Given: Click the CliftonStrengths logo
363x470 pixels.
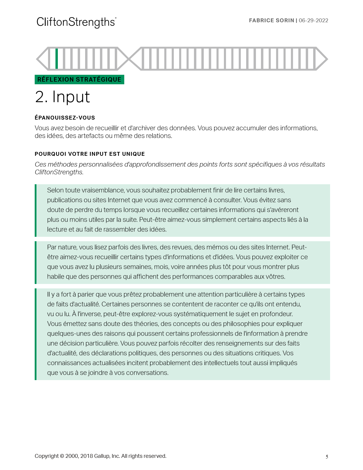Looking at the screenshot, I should [76, 22].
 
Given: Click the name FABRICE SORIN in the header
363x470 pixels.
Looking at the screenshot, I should [271, 20].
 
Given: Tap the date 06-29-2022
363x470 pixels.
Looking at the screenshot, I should [313, 20].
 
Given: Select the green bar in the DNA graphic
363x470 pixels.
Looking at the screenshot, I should [57, 58].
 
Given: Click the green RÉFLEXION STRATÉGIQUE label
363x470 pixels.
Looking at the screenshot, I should [79, 80].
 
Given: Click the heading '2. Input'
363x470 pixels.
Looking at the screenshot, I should [62, 97].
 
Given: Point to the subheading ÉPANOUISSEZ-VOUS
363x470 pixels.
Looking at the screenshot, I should [65, 118].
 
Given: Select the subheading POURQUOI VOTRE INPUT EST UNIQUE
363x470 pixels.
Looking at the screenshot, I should [90, 154].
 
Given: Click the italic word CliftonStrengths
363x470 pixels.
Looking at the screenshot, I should [59, 172].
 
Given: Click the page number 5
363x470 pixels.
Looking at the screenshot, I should [327, 457].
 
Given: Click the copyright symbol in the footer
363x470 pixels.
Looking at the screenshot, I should [62, 456].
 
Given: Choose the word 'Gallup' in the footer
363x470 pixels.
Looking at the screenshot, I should [101, 456].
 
